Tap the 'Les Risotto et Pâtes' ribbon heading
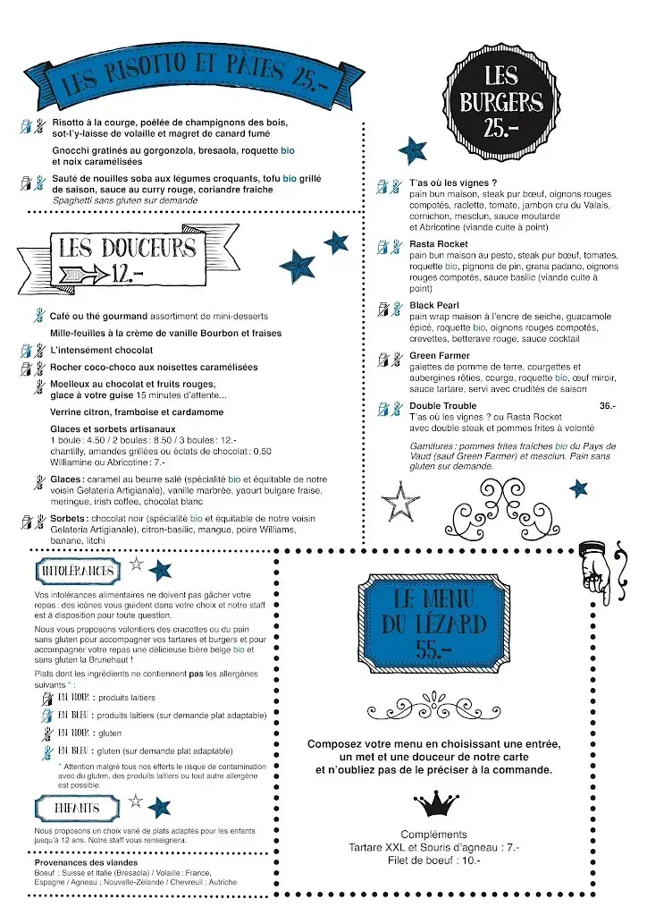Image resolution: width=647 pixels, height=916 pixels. (188, 77)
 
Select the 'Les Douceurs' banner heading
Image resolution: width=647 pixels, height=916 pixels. (125, 256)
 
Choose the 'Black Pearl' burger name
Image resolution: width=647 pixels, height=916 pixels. (434, 305)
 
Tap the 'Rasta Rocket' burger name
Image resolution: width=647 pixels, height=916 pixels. (439, 244)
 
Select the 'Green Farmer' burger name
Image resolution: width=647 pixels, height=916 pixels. (440, 355)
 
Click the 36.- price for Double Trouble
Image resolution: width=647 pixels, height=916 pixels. (608, 406)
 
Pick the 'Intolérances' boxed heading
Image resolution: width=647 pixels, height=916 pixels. (78, 571)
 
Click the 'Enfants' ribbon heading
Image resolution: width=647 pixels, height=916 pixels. (77, 807)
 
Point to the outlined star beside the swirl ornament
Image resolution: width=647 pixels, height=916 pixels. (399, 501)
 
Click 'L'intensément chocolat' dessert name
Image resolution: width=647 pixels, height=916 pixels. (101, 350)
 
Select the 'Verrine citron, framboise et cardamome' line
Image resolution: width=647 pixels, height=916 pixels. (137, 412)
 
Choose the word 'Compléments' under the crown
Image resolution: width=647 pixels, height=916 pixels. (434, 834)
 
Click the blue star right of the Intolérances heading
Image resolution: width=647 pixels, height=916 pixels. (159, 570)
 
